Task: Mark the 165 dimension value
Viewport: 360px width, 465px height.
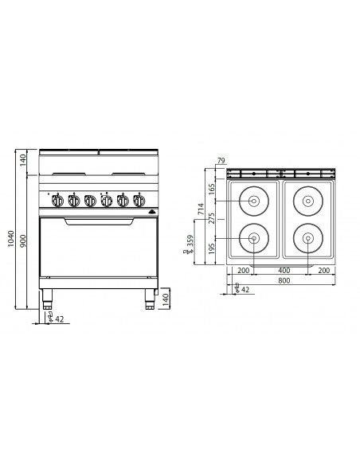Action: (213, 190)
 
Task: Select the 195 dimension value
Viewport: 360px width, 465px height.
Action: (213, 249)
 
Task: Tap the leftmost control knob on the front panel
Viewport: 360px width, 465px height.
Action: (57, 201)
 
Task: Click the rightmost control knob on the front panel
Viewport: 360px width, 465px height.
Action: (140, 201)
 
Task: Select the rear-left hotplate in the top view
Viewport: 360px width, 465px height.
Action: (253, 201)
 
